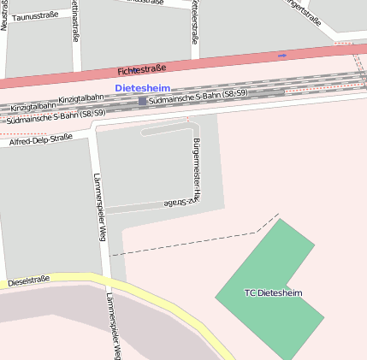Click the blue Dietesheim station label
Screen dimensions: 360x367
click(x=141, y=87)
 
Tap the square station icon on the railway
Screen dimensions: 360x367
click(x=142, y=101)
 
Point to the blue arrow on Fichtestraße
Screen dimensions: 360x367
click(x=282, y=56)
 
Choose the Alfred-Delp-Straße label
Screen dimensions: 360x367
click(x=39, y=139)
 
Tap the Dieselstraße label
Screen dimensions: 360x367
click(x=28, y=280)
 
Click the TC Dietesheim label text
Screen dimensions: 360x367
click(x=273, y=293)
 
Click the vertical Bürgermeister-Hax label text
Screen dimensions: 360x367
click(x=196, y=167)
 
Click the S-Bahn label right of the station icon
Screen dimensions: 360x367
click(x=197, y=96)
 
